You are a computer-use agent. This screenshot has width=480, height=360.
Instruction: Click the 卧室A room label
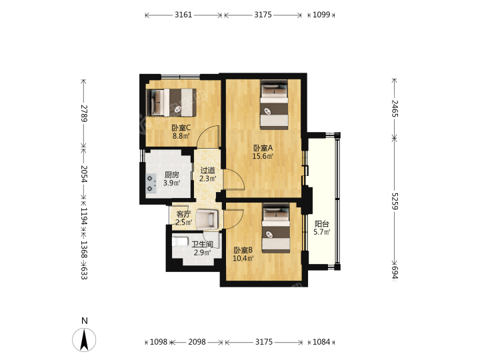point(263,148)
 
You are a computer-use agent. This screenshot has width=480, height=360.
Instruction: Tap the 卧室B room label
point(243,250)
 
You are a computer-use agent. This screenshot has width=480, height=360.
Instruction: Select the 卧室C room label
point(181,127)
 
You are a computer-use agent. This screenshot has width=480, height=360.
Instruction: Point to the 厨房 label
point(171,175)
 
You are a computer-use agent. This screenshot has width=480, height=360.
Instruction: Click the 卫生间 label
point(202,244)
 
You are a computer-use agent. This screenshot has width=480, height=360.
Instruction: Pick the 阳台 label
point(322,224)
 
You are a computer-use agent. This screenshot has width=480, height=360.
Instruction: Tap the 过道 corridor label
point(207,170)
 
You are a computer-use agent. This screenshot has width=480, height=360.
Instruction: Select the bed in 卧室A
point(275,105)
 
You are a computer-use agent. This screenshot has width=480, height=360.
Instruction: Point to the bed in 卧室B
point(276,229)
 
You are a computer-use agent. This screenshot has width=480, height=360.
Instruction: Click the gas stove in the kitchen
point(150,183)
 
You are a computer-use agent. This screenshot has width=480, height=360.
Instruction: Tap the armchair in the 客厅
point(207,218)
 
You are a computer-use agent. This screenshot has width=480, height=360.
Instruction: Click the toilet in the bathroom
point(180,241)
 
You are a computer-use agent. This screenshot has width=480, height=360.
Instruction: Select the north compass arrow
point(84,339)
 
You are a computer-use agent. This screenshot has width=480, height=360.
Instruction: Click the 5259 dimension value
point(395,201)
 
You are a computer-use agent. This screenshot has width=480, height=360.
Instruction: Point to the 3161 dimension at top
point(183,15)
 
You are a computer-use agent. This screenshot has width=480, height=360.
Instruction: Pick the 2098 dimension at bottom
point(197,341)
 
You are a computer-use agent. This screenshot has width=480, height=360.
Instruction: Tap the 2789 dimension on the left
point(84,113)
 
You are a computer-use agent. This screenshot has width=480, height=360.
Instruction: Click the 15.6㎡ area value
point(263,156)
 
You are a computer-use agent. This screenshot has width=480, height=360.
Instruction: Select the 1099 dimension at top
point(321,15)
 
